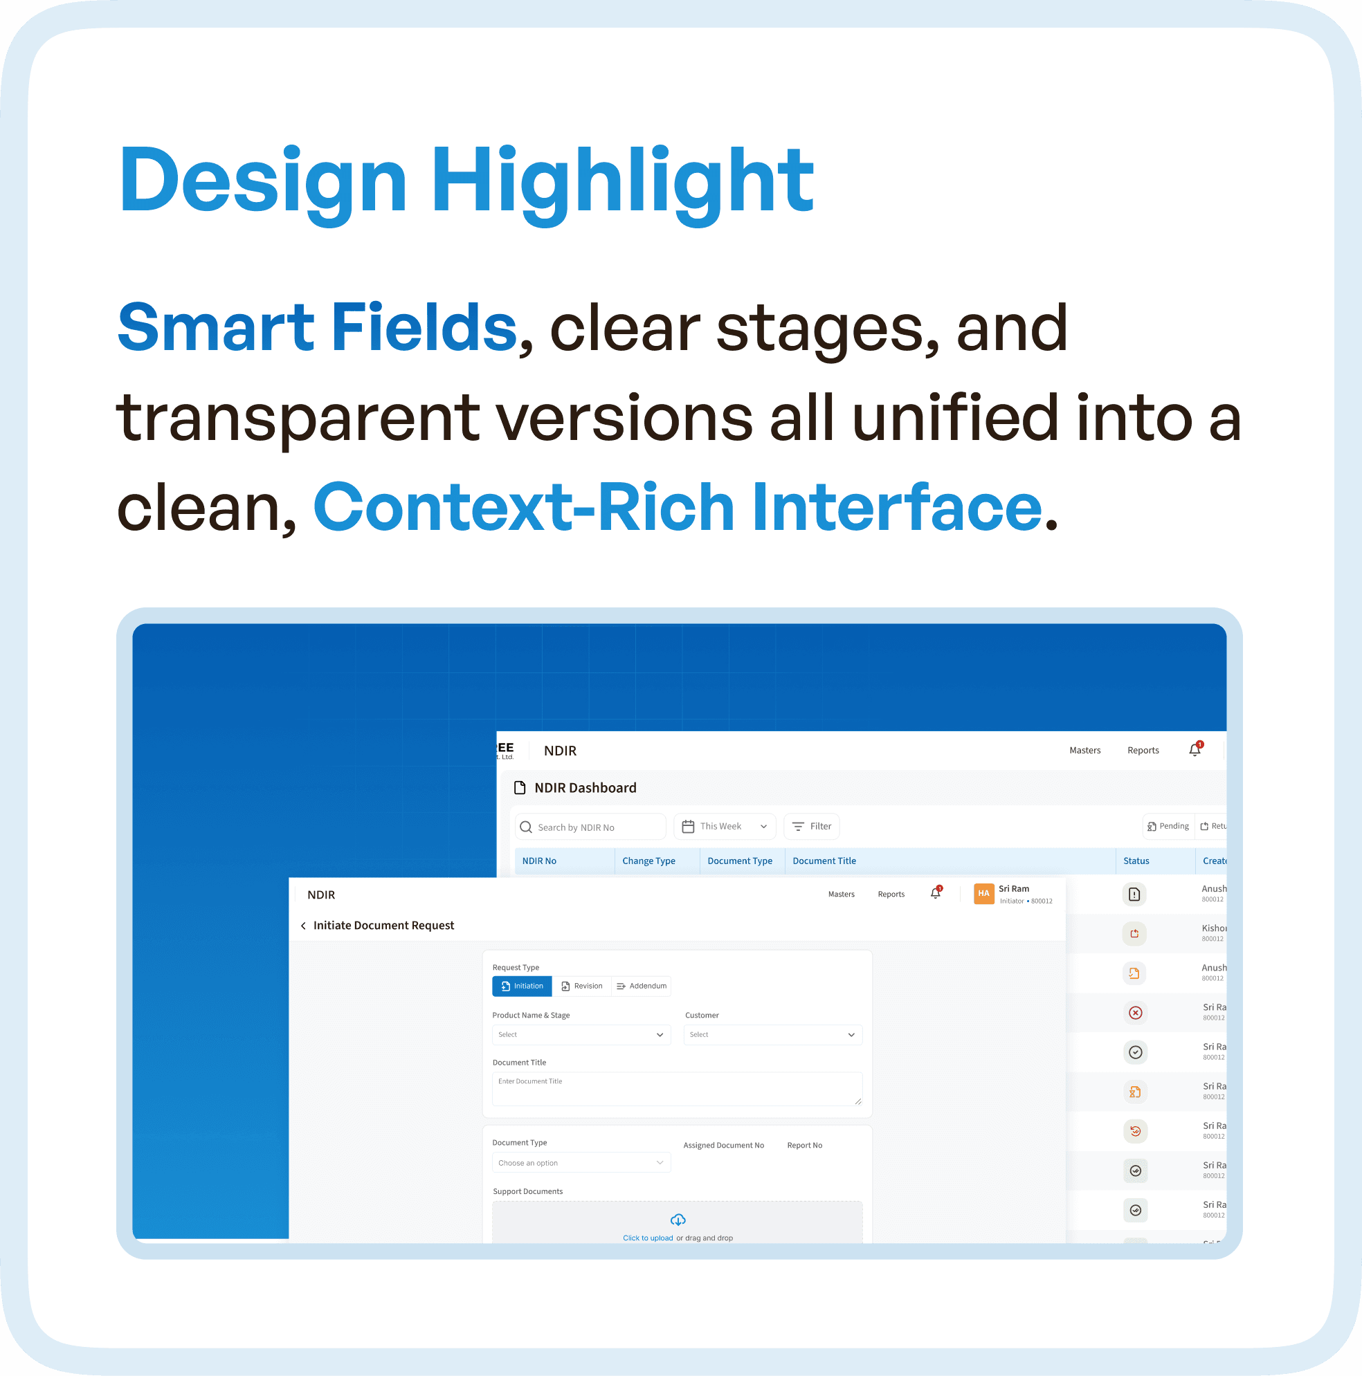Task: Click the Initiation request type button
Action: (522, 987)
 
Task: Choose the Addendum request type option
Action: (641, 987)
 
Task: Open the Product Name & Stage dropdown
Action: (581, 1035)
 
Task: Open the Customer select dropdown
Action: (772, 1035)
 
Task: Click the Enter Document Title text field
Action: (677, 1089)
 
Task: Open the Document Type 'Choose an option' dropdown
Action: (581, 1163)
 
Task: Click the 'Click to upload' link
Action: (648, 1238)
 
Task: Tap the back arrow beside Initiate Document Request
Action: (303, 926)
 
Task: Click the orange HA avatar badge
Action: (983, 894)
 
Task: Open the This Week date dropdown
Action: (724, 827)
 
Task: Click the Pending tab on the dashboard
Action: (1168, 826)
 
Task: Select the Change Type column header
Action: (648, 861)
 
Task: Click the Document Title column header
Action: (824, 861)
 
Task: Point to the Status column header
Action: (1136, 861)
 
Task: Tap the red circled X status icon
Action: (1136, 1013)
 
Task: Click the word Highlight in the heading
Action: (622, 180)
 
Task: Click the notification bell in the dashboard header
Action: (1195, 750)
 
